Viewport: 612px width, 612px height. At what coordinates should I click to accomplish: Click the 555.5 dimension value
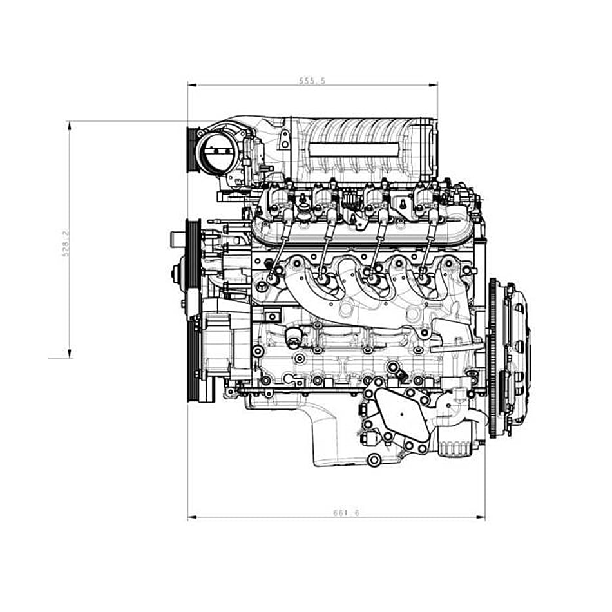click(312, 81)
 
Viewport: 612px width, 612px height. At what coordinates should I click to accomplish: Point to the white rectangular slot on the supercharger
click(353, 149)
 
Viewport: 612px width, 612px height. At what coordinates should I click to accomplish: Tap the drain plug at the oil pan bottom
click(374, 459)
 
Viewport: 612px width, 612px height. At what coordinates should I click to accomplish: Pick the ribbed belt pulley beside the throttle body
click(191, 151)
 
